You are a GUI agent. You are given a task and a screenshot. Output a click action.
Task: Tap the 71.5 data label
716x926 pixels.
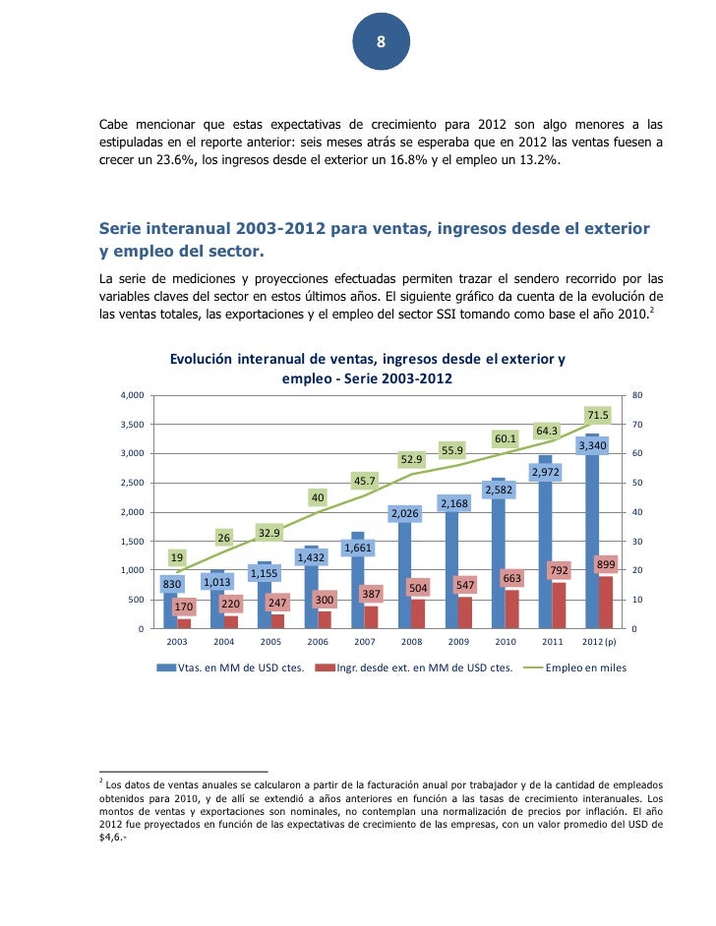coord(598,415)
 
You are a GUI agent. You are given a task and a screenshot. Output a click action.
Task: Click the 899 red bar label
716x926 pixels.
coord(606,563)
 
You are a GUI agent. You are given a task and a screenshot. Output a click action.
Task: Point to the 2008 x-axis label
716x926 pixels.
coord(411,641)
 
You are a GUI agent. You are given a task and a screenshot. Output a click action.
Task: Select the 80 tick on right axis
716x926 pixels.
coord(637,395)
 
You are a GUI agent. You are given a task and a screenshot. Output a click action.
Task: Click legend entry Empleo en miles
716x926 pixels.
coord(586,667)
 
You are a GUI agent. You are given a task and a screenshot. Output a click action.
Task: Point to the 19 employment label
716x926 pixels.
coord(176,555)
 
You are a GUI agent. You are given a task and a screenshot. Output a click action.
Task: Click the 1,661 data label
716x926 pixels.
coord(357,547)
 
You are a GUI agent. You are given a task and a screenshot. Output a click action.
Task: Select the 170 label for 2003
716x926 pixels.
coord(184,607)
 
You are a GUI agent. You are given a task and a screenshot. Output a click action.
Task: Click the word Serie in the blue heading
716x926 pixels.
coord(124,228)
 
